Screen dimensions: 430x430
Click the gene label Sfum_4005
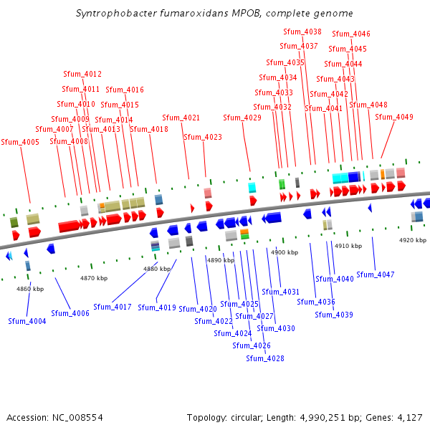pos(20,142)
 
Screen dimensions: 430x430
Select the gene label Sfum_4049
pos(394,117)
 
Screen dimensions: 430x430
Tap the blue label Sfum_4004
pos(27,321)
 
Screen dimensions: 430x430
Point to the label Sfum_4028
pos(265,358)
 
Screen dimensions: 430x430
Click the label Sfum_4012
pos(82,74)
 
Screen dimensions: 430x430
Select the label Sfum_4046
pos(351,34)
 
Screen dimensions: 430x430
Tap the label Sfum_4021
pos(181,118)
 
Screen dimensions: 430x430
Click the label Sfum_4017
pos(113,307)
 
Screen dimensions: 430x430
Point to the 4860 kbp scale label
pos(30,289)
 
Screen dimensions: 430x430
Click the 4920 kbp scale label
pos(413,239)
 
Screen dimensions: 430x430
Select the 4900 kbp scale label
pos(285,252)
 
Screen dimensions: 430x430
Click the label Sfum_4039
pos(334,315)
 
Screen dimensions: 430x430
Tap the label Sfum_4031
pos(280,292)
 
